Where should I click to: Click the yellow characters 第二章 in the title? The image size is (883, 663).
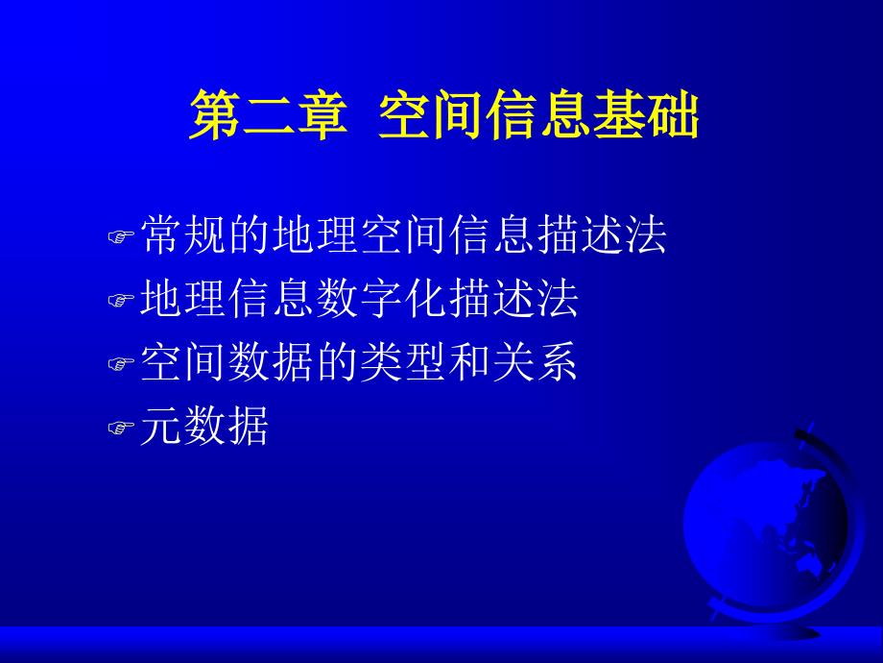point(268,115)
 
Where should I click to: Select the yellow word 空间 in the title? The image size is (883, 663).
point(431,115)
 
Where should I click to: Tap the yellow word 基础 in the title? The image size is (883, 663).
point(646,115)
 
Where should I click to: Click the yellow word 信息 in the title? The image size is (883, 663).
point(539,115)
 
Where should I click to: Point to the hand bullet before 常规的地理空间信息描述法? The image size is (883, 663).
point(121,236)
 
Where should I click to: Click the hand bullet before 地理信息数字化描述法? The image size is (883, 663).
point(121,301)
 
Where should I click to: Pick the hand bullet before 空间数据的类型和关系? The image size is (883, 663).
point(121,364)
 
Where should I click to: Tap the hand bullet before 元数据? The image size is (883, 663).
point(121,429)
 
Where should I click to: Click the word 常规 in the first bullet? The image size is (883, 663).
point(183,234)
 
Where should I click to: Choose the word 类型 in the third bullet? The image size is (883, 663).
point(404,362)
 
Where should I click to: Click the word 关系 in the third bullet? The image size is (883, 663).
point(536,362)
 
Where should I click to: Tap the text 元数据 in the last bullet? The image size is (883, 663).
point(204,427)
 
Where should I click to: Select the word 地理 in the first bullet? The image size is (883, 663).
point(316,234)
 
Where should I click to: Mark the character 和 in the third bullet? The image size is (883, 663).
point(470,362)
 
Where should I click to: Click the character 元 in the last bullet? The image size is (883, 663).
point(161,427)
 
